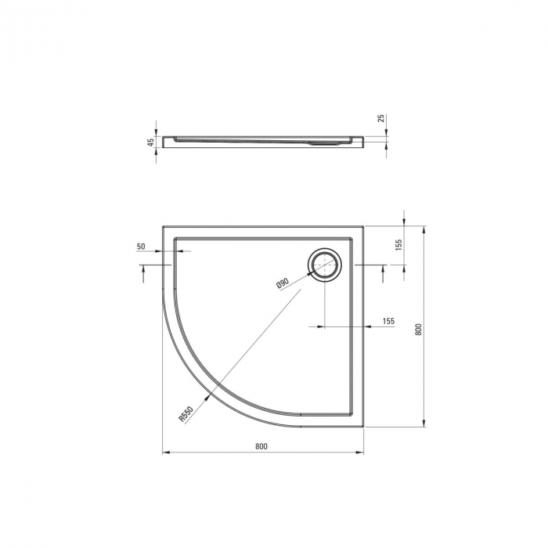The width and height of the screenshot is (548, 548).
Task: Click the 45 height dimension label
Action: pos(150,142)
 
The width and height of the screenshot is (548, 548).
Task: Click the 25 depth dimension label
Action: pos(381,117)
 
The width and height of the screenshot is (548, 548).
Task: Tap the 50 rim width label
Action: pos(140,247)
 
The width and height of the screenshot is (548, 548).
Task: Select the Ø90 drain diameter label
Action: pos(283,283)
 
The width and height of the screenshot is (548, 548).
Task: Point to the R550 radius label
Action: pos(186,414)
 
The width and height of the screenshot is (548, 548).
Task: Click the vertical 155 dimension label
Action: pos(400,244)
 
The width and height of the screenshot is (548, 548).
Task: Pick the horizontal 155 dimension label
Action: pos(388,321)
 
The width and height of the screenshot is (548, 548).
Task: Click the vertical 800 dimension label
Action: pos(419,330)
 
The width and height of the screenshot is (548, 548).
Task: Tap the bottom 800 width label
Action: pos(261,446)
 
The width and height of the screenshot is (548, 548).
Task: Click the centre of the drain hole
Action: pos(325,265)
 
